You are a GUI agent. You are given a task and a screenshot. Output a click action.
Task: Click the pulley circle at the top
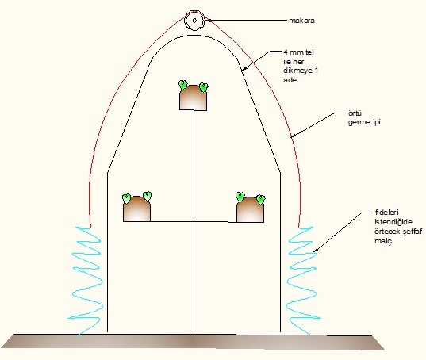(194, 14)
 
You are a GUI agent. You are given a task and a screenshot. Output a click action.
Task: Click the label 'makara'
(301, 21)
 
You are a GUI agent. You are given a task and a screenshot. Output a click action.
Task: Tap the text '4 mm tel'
(298, 52)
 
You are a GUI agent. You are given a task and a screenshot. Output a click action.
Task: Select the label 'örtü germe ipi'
(364, 117)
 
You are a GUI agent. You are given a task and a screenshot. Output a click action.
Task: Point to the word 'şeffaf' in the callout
(413, 232)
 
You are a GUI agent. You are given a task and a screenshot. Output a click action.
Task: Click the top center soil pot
(193, 98)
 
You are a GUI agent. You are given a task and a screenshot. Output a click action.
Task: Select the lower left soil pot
(136, 209)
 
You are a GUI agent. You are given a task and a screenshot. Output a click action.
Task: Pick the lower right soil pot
(250, 209)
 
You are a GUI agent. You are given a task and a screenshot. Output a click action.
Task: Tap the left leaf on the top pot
(182, 85)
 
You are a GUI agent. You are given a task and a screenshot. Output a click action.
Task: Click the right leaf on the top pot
(204, 87)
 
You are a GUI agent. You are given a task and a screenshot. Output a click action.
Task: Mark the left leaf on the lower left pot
(126, 198)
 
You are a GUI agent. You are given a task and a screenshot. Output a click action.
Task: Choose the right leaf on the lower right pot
(261, 200)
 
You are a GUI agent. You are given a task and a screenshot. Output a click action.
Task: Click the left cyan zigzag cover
(86, 280)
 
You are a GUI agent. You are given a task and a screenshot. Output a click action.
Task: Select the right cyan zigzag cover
(303, 280)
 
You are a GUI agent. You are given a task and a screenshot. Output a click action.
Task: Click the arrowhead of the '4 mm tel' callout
(244, 68)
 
